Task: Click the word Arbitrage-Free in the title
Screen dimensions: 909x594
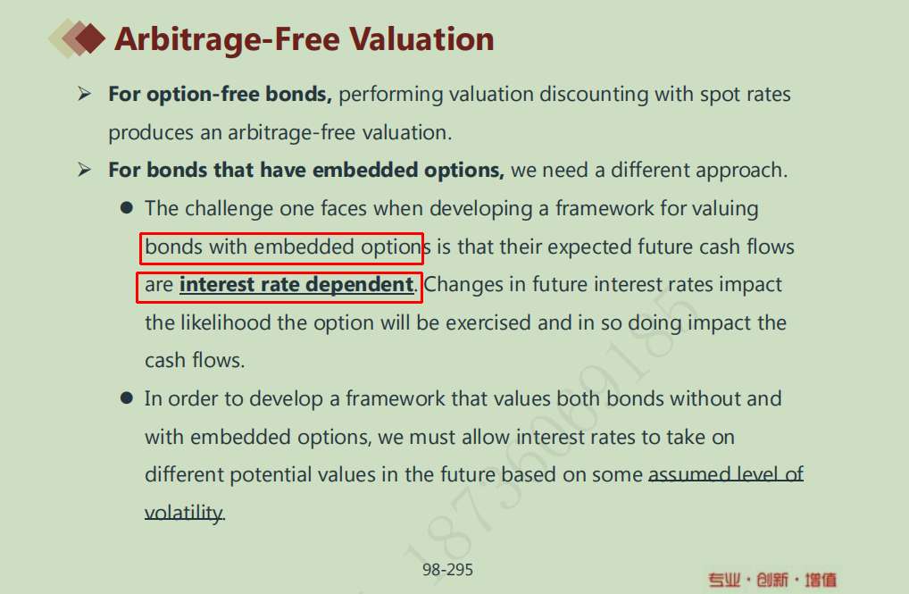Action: click(x=227, y=39)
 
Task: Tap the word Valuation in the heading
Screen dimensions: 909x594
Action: click(x=421, y=39)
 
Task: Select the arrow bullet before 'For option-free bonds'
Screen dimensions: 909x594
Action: click(x=85, y=94)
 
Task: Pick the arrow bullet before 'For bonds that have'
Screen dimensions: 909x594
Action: click(x=85, y=170)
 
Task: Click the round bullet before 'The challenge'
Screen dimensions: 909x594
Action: click(x=127, y=207)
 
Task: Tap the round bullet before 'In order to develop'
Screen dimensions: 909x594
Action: click(x=127, y=397)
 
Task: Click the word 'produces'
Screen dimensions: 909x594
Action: click(x=151, y=133)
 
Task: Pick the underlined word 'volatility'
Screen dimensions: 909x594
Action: click(x=184, y=513)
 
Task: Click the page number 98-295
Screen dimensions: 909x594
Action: click(x=447, y=570)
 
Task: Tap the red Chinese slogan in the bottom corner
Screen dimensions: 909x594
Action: click(x=772, y=580)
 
